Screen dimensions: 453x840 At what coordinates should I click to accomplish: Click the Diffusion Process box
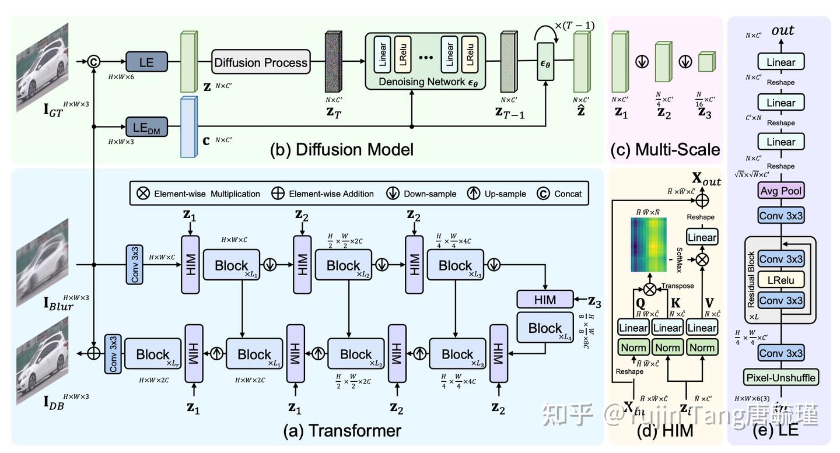(x=260, y=62)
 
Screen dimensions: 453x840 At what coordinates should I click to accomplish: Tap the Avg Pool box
(x=781, y=191)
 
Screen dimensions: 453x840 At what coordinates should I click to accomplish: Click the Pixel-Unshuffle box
(x=781, y=377)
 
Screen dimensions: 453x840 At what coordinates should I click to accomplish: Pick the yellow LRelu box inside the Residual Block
(x=781, y=280)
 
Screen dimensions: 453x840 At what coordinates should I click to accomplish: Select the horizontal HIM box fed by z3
(x=545, y=300)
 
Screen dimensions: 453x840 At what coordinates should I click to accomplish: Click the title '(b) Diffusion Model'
(x=341, y=149)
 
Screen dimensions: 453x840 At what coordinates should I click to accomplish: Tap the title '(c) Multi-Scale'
(x=665, y=149)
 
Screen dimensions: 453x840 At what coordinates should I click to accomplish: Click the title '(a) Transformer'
(x=341, y=430)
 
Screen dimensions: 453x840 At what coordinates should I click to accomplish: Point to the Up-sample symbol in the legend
(x=474, y=194)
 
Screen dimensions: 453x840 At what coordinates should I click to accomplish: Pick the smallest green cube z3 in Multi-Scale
(x=706, y=62)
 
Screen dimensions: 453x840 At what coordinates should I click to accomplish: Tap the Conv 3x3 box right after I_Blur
(x=135, y=264)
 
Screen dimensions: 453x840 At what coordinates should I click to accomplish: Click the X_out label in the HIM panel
(x=706, y=180)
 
